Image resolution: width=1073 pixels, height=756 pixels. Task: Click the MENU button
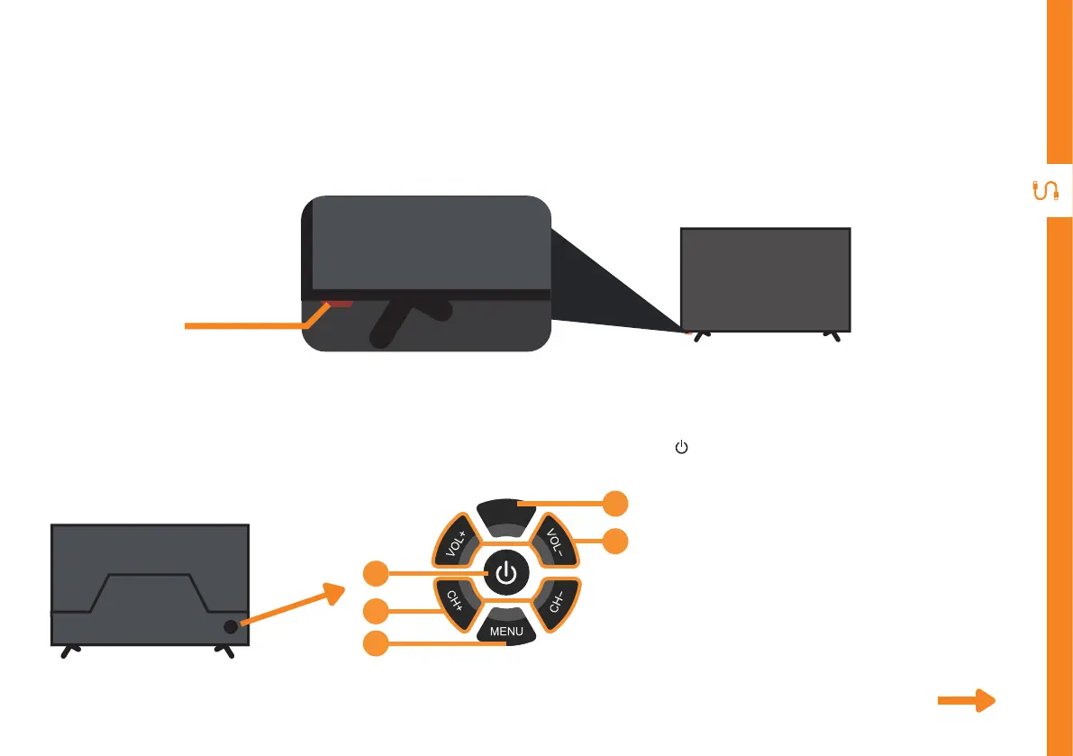coord(506,629)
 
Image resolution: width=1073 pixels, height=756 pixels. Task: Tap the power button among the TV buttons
coord(506,572)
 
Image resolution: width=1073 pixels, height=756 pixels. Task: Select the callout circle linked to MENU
coord(377,643)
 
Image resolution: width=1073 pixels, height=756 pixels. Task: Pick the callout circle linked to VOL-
coord(615,542)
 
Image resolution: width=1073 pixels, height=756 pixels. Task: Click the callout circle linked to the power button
coord(377,572)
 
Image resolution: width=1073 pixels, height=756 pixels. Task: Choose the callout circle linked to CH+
coord(377,611)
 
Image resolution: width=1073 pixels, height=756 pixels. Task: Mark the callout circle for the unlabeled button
coord(615,503)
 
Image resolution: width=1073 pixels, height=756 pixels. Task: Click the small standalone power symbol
coord(681,448)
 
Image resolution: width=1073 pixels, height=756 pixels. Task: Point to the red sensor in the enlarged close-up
coord(339,303)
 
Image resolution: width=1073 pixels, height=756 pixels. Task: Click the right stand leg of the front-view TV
coord(832,335)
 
